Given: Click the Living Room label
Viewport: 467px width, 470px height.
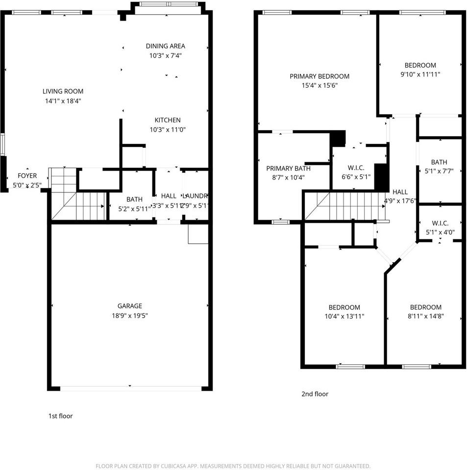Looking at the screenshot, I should click(63, 91).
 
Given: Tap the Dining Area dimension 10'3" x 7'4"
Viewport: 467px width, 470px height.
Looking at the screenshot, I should click(166, 56).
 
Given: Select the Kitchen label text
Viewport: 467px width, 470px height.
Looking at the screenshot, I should click(168, 120).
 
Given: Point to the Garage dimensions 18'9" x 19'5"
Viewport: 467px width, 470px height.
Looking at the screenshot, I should click(130, 316).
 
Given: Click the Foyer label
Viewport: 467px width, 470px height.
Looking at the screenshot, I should click(27, 176).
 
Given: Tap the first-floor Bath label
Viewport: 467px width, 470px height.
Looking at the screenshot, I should click(134, 199).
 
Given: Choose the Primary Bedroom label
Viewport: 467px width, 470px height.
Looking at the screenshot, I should click(320, 76).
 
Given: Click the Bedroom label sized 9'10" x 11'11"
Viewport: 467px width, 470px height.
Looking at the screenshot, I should click(420, 65).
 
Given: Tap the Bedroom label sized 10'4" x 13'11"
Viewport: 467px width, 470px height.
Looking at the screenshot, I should click(344, 307).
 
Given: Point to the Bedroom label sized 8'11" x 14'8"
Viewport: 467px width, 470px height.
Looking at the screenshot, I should click(425, 307).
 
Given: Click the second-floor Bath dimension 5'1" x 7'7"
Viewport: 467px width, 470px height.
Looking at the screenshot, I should click(439, 171).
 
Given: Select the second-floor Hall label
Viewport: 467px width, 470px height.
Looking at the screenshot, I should click(400, 192).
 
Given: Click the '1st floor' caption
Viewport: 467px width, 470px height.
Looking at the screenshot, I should click(60, 416).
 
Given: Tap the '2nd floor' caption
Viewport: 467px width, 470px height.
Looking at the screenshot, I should click(315, 394).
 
